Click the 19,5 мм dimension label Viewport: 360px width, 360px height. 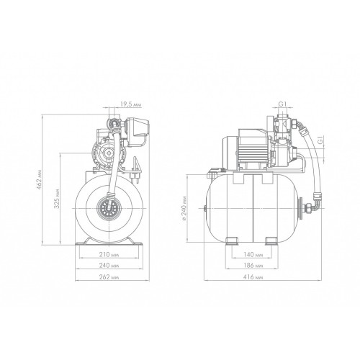(x=131, y=104)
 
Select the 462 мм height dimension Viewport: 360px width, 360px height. (x=39, y=180)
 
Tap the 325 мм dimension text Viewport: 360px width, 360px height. (x=57, y=200)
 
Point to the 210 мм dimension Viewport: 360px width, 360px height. (x=109, y=254)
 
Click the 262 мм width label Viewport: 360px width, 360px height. (x=109, y=277)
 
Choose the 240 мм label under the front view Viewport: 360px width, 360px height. (x=109, y=266)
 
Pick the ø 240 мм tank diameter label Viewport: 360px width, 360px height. (x=184, y=208)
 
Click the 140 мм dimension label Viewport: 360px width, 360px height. (x=253, y=254)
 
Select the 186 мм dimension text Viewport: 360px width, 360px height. (x=253, y=266)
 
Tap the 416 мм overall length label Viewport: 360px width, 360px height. (x=253, y=277)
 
